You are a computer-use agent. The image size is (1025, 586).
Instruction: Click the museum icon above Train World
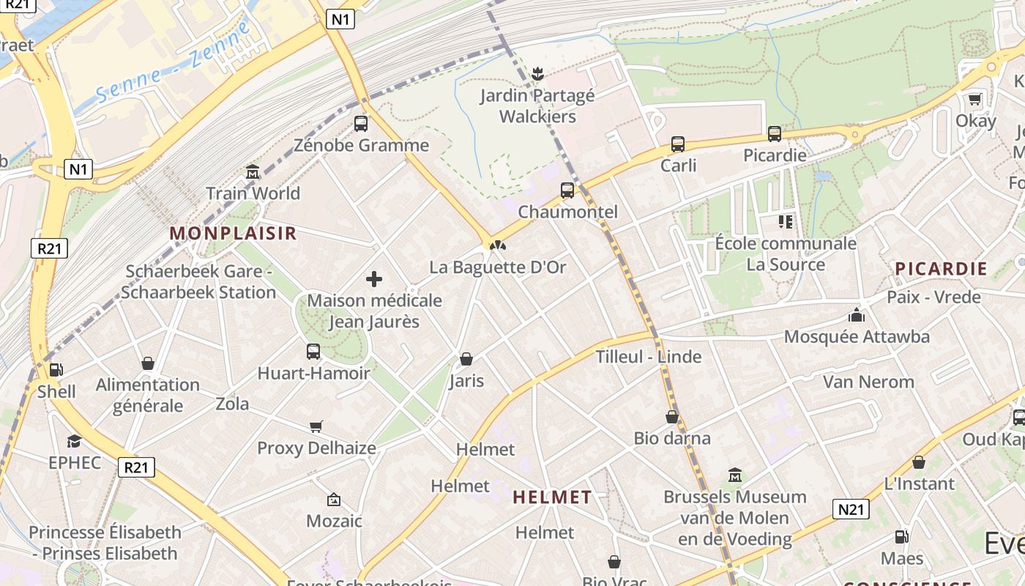click(x=253, y=172)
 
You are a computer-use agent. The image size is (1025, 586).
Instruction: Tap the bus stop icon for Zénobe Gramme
click(x=361, y=124)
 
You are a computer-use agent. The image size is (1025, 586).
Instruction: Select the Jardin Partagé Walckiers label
click(x=537, y=106)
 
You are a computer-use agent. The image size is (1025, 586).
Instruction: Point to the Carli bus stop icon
click(x=678, y=144)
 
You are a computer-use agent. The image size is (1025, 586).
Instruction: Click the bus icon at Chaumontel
click(x=567, y=190)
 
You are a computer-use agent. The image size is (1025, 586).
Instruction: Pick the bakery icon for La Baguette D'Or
click(x=498, y=245)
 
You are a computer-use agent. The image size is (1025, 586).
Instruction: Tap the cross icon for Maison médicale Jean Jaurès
click(x=374, y=279)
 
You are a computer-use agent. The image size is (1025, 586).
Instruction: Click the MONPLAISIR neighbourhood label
click(x=233, y=233)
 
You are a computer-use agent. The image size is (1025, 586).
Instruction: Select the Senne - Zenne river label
click(x=172, y=62)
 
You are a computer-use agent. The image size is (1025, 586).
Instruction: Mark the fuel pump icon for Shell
click(x=56, y=370)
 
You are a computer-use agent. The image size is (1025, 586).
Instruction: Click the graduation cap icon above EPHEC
click(x=74, y=441)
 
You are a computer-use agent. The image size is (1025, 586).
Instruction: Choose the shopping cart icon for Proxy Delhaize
click(x=316, y=426)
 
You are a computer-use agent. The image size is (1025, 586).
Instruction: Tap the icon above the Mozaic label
click(x=334, y=500)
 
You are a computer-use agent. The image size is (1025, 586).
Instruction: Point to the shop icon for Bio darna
click(x=672, y=417)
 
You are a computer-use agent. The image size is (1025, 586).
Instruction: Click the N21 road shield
click(x=851, y=509)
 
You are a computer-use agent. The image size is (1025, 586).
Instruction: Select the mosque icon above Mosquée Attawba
click(x=856, y=316)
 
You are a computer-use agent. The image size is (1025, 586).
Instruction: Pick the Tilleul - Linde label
click(x=649, y=357)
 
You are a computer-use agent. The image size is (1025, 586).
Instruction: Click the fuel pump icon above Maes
click(x=902, y=537)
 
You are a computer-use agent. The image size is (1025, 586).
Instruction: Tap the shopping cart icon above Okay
click(x=975, y=99)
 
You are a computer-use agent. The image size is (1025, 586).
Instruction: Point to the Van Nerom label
click(x=868, y=382)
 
